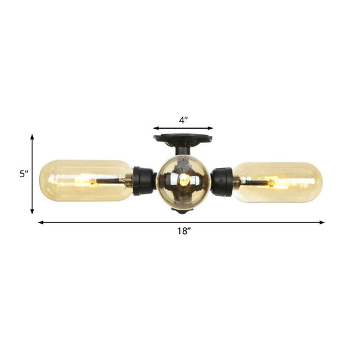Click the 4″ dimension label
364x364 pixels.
[x=183, y=120]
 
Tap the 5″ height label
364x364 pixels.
[x=24, y=173]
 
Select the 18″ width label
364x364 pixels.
[x=181, y=232]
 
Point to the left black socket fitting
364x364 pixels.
[x=144, y=181]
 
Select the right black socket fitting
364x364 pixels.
[x=222, y=181]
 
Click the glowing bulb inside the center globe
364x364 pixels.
[x=184, y=181]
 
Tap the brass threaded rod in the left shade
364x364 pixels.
[x=111, y=181]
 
